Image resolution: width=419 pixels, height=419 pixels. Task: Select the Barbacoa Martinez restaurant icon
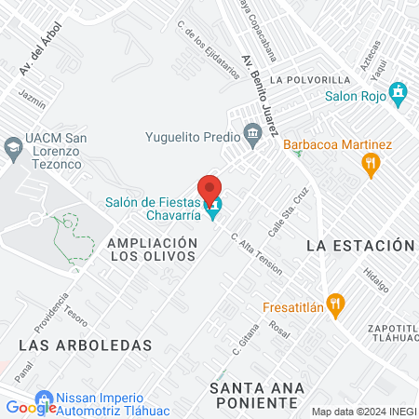pos(371,165)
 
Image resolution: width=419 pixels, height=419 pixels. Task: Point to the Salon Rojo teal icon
pos(399,93)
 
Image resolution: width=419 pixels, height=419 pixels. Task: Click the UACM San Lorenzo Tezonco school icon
pos(13,146)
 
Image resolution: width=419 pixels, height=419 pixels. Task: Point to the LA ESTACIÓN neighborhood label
pos(359,245)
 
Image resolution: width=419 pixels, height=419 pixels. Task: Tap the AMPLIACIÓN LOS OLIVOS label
pos(153,250)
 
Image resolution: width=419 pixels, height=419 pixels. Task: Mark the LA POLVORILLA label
pos(310,79)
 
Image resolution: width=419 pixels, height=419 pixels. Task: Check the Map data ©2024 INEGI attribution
pos(362,412)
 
